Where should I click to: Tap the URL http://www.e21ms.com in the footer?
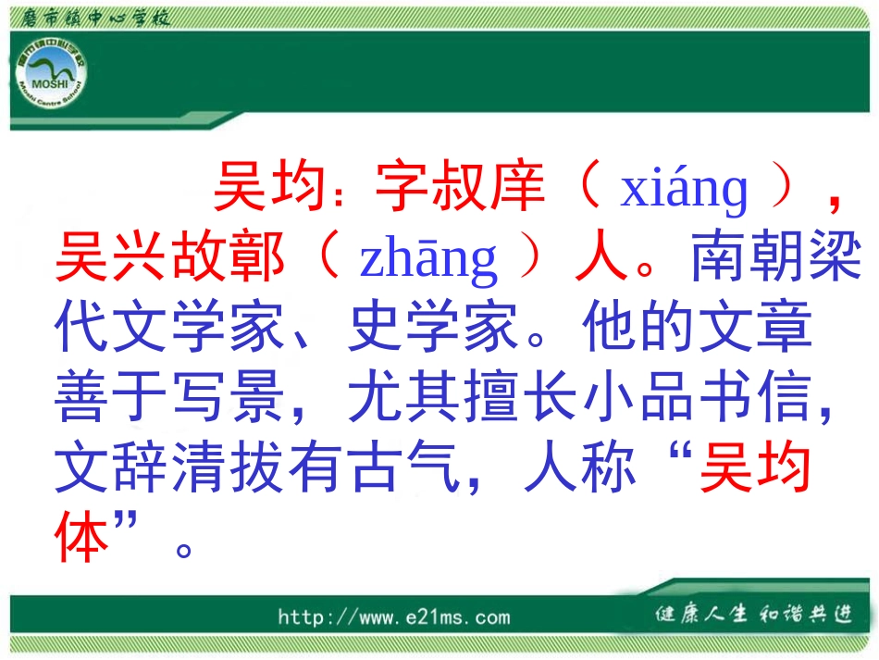(393, 617)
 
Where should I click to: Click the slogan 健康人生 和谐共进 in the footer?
(752, 615)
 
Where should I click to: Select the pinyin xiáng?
(684, 189)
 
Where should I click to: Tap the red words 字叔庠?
(458, 188)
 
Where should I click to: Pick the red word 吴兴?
(113, 258)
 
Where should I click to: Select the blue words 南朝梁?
(769, 258)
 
